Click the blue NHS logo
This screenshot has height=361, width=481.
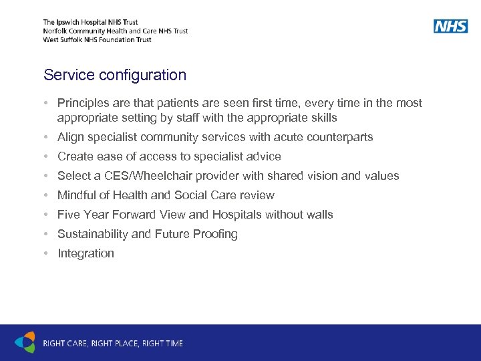450,26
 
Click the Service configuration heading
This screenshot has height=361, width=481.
115,75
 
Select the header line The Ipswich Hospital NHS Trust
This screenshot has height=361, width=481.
90,22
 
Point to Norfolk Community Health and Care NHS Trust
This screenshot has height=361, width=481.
115,31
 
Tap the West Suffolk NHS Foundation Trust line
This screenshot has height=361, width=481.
97,39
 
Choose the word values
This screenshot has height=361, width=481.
382,176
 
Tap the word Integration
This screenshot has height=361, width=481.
86,253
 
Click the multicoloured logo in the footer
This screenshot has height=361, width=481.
25,342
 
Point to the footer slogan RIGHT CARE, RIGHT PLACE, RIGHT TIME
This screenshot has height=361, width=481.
113,343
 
